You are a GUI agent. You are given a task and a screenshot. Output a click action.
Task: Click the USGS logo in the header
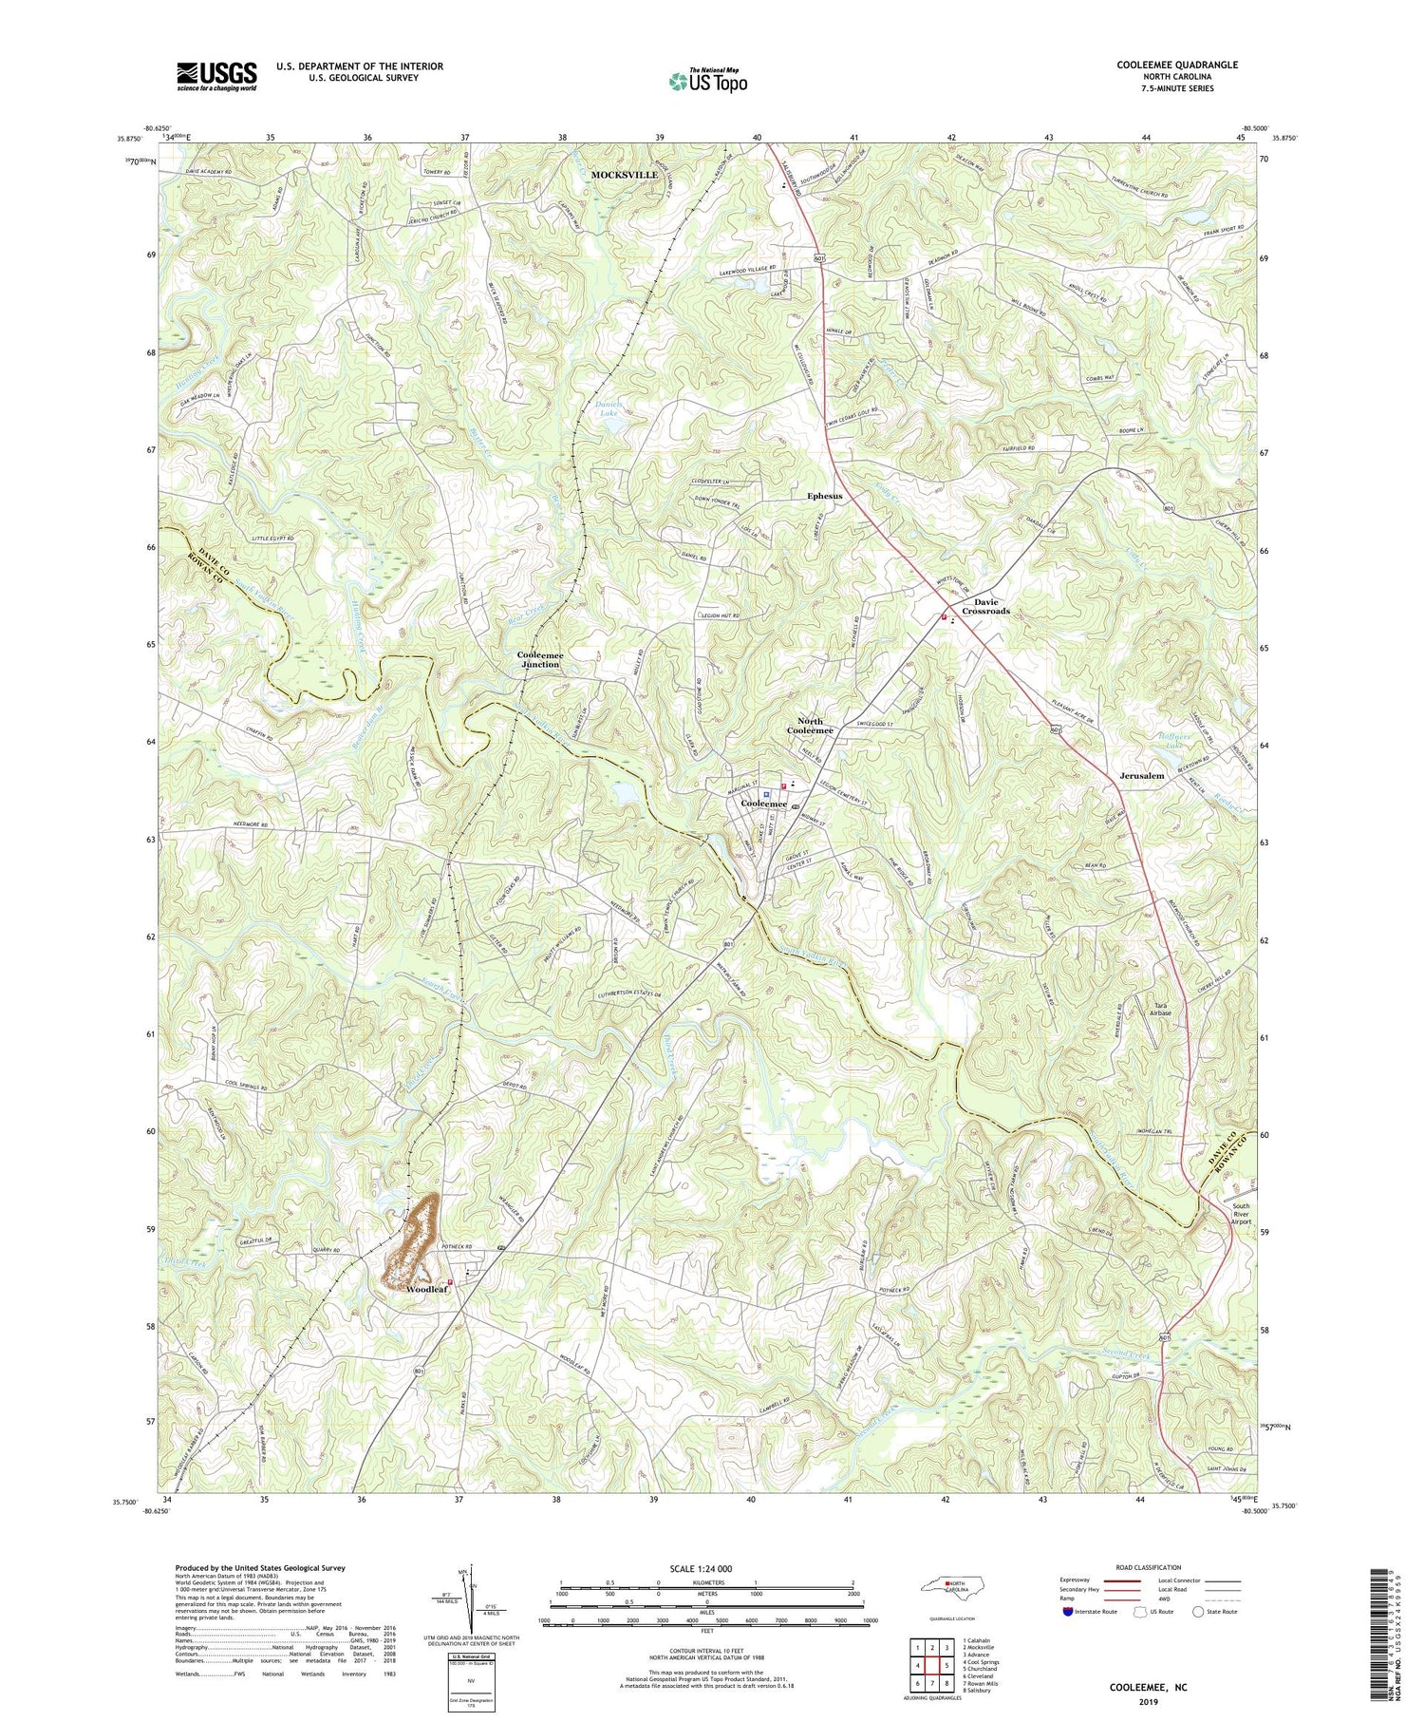click(216, 76)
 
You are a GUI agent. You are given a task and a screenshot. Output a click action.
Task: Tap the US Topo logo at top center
click(707, 81)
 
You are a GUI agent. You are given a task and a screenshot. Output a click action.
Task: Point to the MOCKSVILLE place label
click(624, 176)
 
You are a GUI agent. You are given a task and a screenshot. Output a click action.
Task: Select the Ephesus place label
click(824, 496)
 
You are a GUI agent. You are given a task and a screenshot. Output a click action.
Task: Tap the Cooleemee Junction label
click(538, 659)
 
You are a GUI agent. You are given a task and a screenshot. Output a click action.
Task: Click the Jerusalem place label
click(1141, 776)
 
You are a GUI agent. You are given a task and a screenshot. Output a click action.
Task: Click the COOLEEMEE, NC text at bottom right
click(1149, 1688)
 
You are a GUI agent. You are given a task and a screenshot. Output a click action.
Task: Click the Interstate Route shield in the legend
click(1068, 1612)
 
